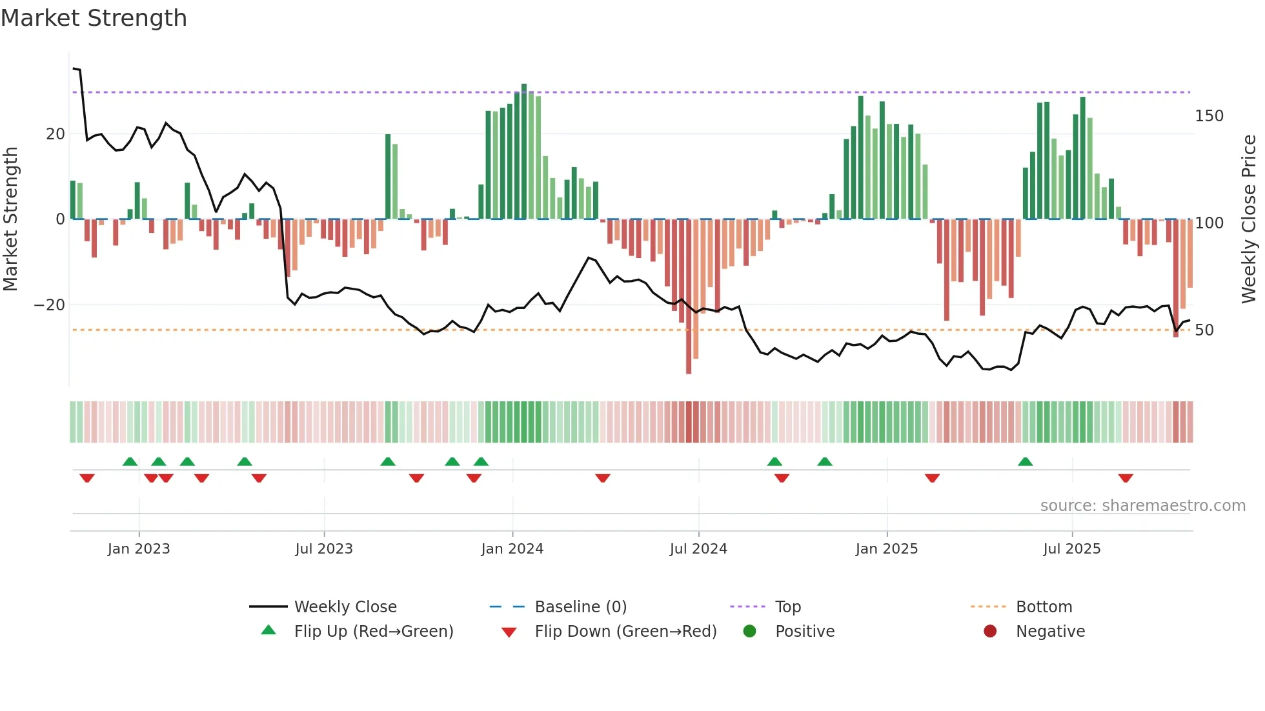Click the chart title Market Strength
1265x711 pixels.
(x=94, y=18)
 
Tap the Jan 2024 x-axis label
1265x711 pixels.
(x=512, y=549)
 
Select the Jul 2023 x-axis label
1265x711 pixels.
(x=324, y=549)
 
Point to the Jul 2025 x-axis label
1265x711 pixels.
(x=1071, y=549)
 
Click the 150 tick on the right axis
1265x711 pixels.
(x=1209, y=116)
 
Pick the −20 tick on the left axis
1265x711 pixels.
(x=50, y=305)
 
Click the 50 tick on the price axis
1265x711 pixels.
(x=1204, y=330)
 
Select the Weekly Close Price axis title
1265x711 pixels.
(x=1249, y=219)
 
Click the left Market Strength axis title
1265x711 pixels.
(x=11, y=219)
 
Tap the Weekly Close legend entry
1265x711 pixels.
(x=345, y=607)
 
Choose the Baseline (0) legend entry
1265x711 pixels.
(x=580, y=607)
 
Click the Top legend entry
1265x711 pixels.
(x=787, y=607)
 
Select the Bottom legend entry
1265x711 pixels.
(x=1044, y=607)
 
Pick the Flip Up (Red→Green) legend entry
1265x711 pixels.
(x=373, y=632)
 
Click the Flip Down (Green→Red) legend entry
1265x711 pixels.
(x=625, y=632)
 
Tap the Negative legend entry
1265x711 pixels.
(x=1049, y=632)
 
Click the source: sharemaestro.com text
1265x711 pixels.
(x=1142, y=506)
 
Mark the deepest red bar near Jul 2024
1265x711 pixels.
(x=689, y=297)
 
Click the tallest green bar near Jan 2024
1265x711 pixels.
(x=524, y=152)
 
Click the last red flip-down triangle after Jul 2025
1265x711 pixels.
(x=1126, y=478)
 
